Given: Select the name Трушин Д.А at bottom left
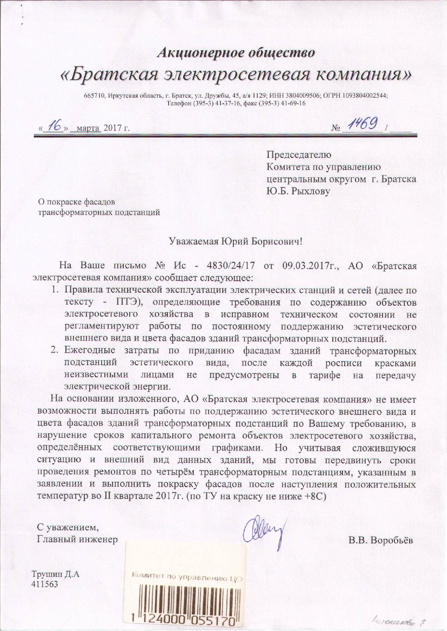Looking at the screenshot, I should [x=55, y=574].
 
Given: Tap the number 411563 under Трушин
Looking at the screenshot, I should [x=45, y=584].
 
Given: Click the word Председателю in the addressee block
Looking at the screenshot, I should [x=299, y=155].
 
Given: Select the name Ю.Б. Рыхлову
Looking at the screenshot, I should [x=298, y=191].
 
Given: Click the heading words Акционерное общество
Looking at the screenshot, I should [x=236, y=53].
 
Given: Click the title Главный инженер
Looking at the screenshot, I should [x=78, y=539].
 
